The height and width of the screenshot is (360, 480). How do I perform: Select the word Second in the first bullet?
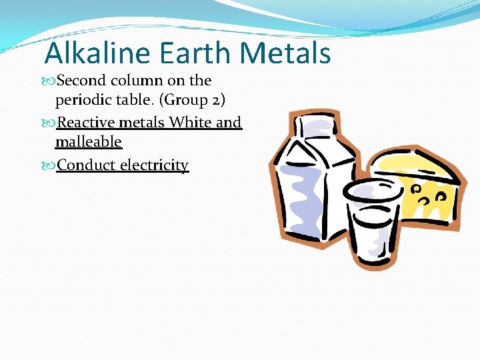click(81, 81)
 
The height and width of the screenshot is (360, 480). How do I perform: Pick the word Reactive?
click(86, 123)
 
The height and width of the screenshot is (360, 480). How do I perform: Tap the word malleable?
click(89, 141)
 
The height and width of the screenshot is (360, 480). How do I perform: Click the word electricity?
click(155, 165)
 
